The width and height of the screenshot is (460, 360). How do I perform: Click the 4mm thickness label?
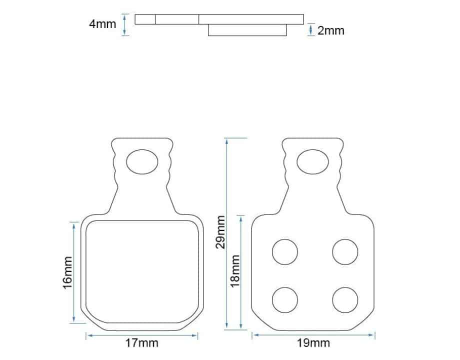point(102,24)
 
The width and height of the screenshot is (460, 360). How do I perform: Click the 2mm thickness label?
point(330,31)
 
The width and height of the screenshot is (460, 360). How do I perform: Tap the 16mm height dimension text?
point(68,272)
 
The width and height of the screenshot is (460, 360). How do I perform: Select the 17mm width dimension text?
point(142,342)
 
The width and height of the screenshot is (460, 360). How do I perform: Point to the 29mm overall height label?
point(220,232)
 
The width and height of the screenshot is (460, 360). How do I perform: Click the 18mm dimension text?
point(235,271)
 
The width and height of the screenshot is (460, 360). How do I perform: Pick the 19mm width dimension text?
point(313,342)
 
